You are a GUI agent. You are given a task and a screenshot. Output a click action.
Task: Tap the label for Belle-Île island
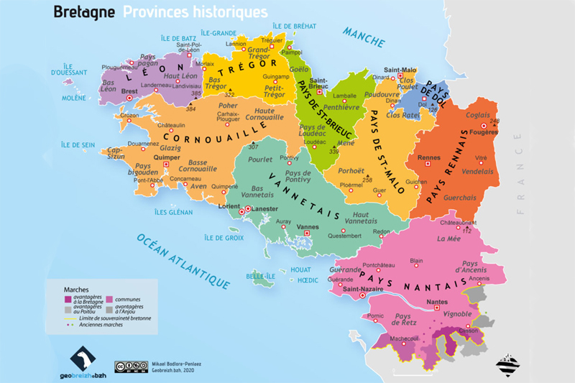tap(261, 274)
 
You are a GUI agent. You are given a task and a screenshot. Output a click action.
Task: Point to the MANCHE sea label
tap(364, 37)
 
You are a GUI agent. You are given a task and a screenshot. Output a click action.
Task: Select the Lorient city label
tap(226, 206)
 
